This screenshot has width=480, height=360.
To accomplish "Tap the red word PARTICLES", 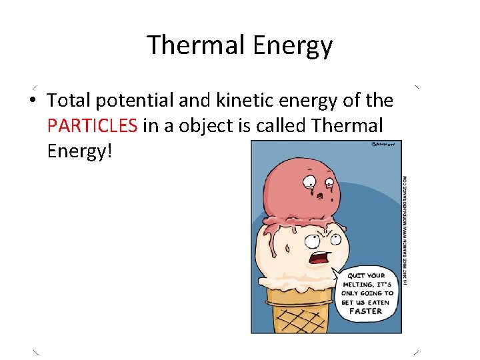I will (x=93, y=126).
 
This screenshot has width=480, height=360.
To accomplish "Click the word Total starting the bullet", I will (x=69, y=101).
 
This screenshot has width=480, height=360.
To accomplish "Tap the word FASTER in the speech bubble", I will (x=366, y=311).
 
